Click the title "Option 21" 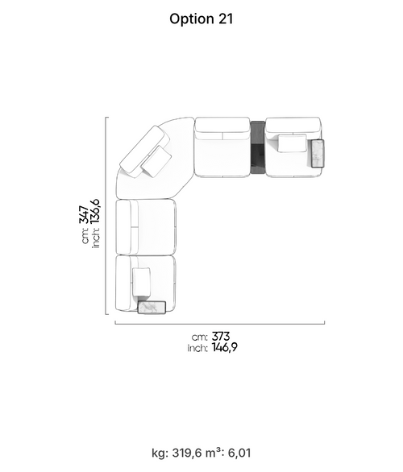coord(201,19)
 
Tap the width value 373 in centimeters coord(221,336)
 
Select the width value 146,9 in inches coord(224,348)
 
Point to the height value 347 coord(84,214)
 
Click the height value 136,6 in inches coord(95,211)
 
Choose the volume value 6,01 coord(239,453)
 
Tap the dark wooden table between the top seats coord(258,147)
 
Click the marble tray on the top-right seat coord(318,153)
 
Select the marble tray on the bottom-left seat coord(152,308)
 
